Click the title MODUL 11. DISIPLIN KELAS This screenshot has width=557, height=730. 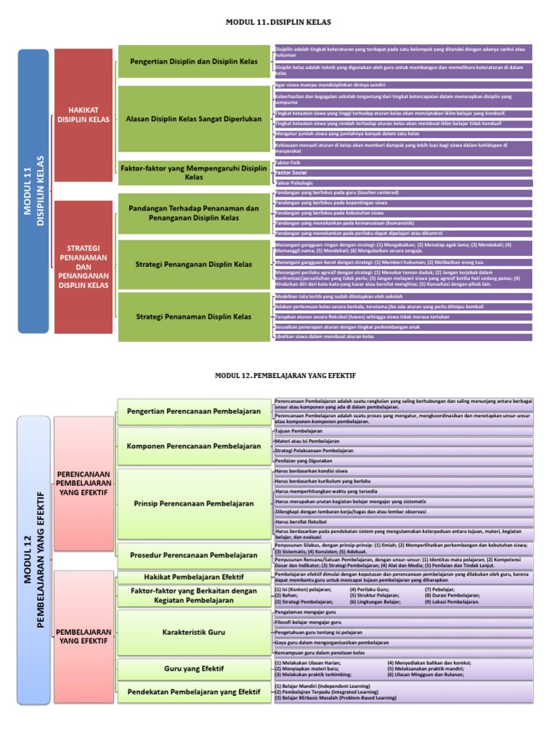279,23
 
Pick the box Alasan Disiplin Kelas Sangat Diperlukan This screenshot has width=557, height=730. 194,118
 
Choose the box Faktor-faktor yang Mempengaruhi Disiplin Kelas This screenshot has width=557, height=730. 194,173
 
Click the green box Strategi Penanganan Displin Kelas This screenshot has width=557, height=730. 194,263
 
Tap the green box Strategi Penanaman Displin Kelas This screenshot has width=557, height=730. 194,316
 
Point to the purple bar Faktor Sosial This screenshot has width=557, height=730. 403,173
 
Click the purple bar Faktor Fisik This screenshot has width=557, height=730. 403,164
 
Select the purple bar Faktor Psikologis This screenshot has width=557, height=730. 403,183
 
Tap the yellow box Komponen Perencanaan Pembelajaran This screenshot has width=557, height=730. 194,446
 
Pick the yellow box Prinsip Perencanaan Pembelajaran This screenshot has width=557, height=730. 194,503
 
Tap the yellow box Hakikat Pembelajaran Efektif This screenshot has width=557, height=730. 194,576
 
